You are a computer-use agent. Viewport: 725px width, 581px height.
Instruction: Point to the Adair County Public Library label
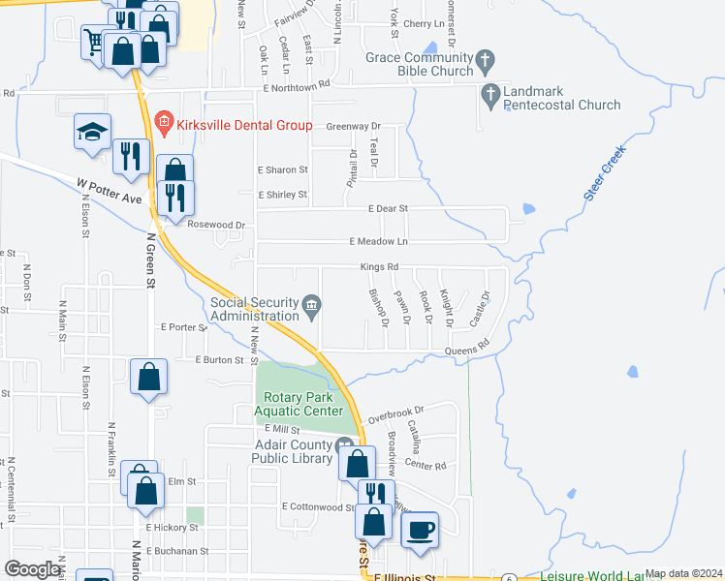[x=291, y=452]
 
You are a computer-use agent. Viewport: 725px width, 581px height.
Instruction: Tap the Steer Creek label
[x=605, y=173]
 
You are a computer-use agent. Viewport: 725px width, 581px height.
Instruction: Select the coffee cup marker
[x=421, y=531]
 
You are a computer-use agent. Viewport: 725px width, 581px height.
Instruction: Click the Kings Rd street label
[x=379, y=267]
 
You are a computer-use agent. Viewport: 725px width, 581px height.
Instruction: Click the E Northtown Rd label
[x=296, y=85]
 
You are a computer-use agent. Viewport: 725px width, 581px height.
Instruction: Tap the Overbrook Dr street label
[x=396, y=411]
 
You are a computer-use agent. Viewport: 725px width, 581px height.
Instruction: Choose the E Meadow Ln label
[x=379, y=241]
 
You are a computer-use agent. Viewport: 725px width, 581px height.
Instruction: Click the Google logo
[x=32, y=569]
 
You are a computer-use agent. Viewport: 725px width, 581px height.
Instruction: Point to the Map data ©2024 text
[x=682, y=573]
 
